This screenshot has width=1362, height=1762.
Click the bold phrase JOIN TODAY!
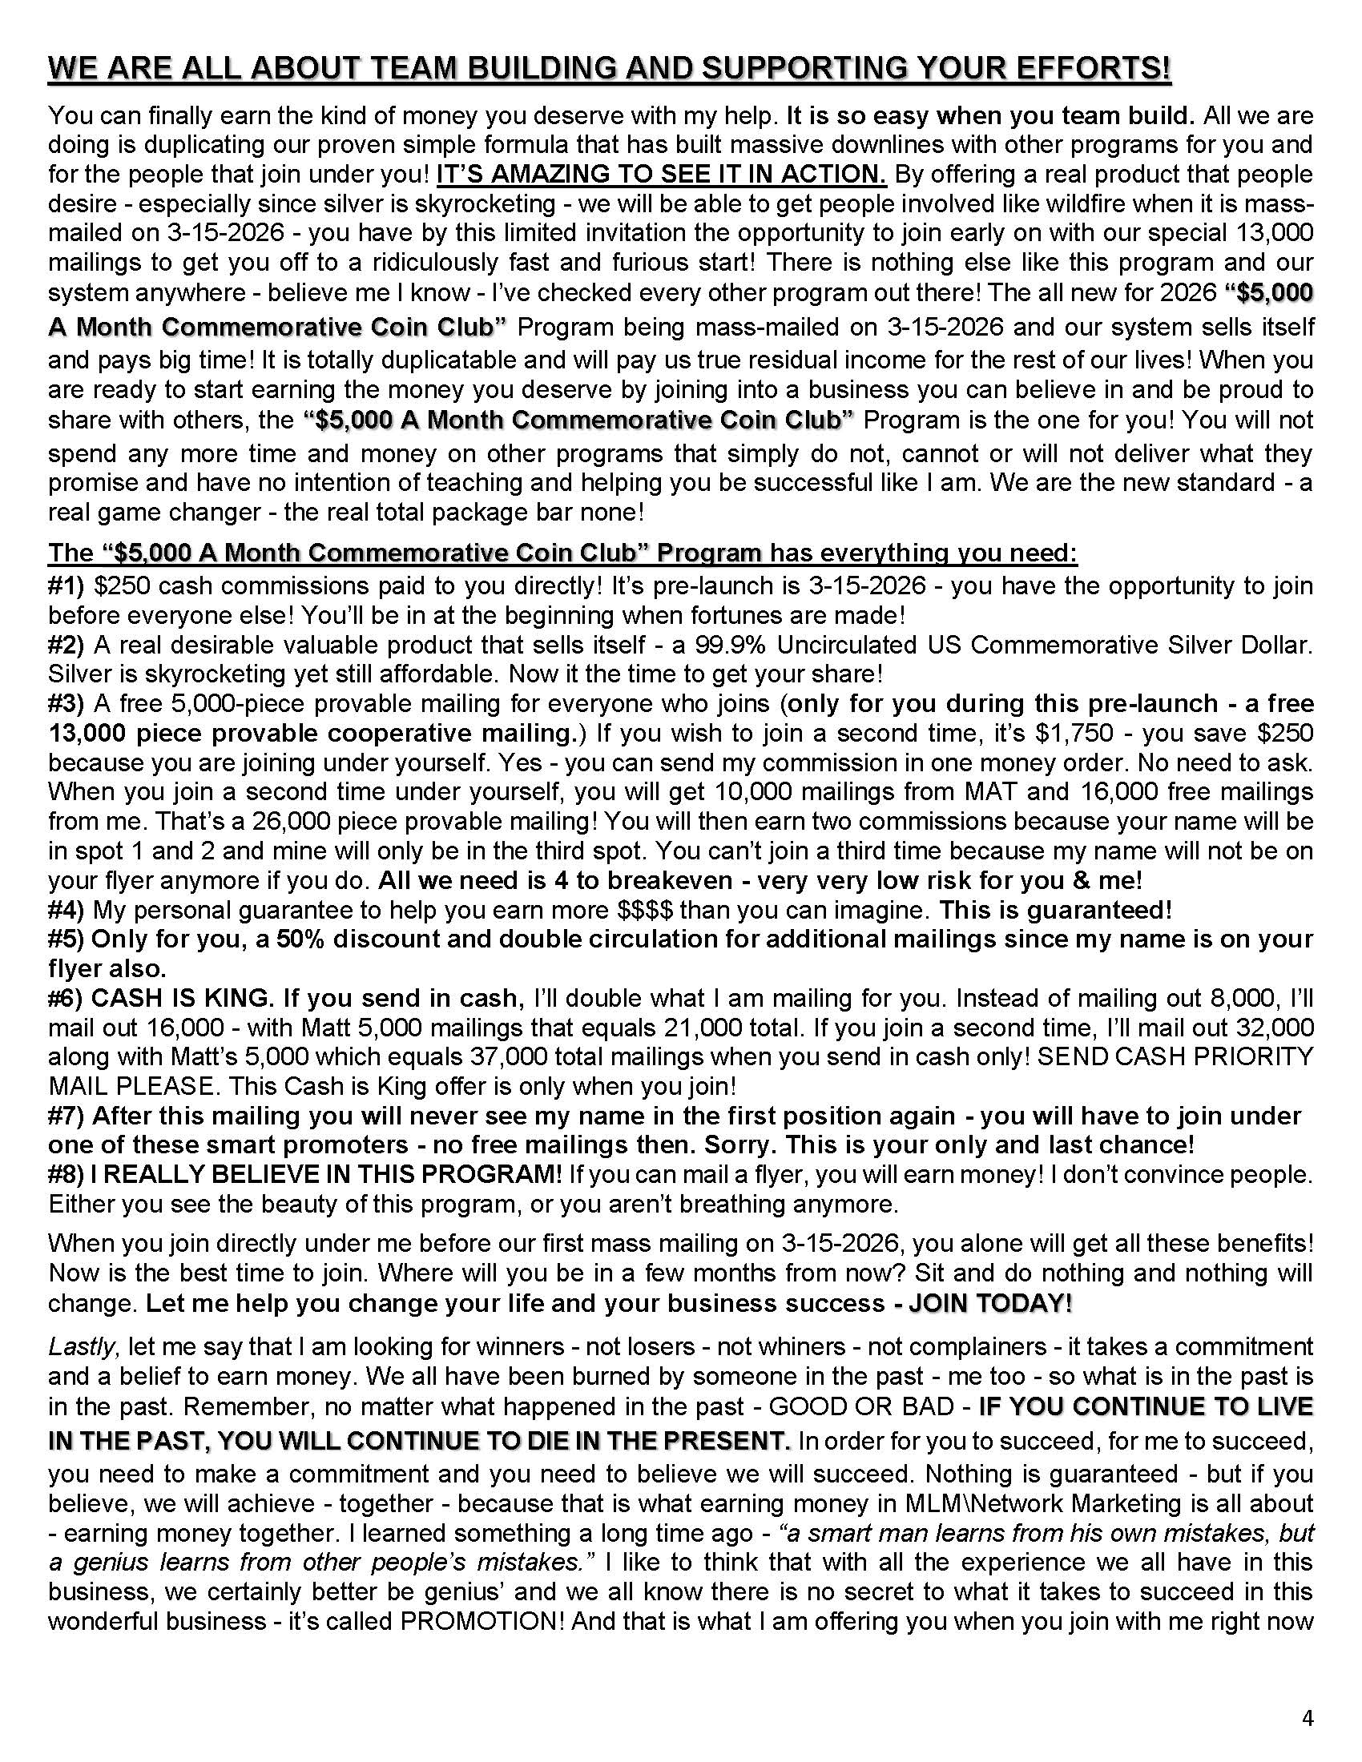point(990,1304)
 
